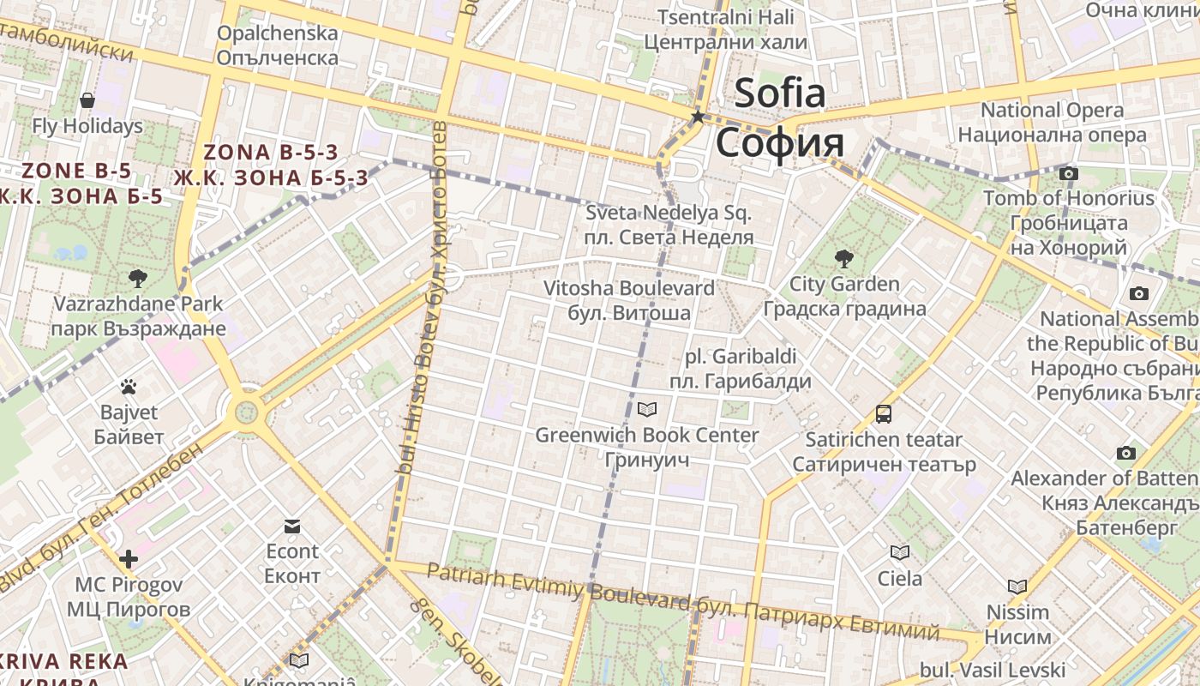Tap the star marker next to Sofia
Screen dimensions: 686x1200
(699, 117)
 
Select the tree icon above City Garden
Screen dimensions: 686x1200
(844, 258)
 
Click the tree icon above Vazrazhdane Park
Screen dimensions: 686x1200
(137, 278)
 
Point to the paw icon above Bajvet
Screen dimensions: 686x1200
(129, 387)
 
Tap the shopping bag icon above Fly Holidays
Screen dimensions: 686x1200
(87, 100)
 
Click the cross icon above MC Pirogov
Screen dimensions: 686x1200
(129, 560)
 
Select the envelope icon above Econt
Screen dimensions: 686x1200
(292, 526)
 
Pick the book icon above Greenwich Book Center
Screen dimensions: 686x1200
(647, 410)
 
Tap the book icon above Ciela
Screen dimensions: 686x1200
(899, 553)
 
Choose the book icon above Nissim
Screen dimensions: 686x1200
(1017, 587)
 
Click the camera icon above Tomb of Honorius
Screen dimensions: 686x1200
(1068, 174)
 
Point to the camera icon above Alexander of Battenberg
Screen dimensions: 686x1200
(1126, 453)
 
